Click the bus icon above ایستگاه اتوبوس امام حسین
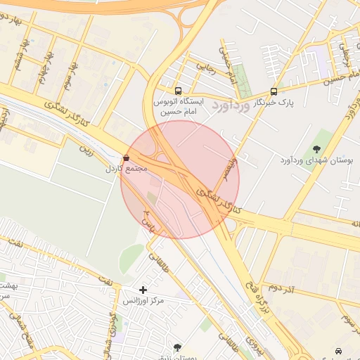(x=178, y=91)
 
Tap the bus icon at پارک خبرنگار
(x=274, y=91)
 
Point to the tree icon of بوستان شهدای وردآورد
(x=316, y=148)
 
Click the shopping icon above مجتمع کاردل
(x=126, y=158)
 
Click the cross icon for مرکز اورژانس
(x=143, y=290)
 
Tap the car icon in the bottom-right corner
(x=340, y=350)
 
